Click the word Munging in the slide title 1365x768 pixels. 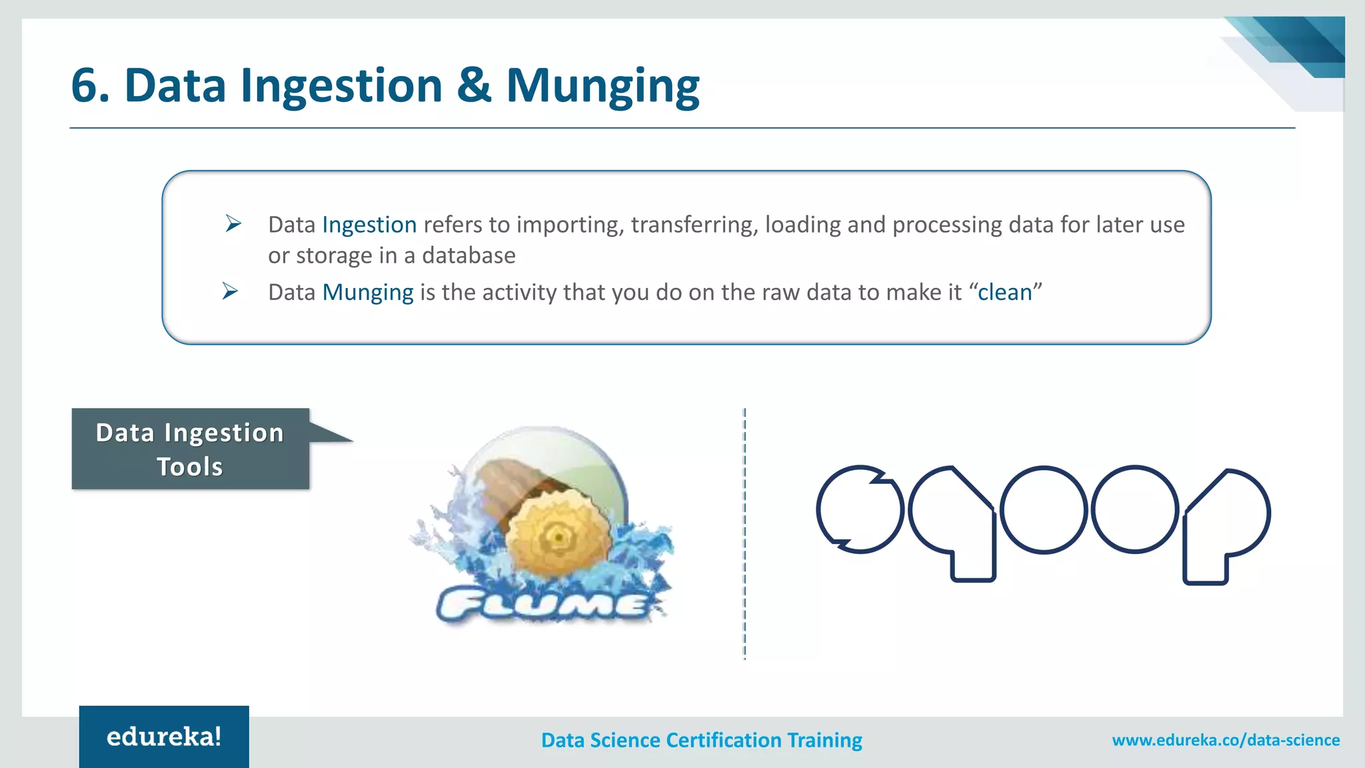click(x=603, y=87)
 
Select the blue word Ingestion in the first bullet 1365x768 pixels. click(x=369, y=225)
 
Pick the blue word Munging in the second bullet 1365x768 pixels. click(x=368, y=293)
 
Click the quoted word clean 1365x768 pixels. click(x=1004, y=293)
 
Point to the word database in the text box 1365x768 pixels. click(x=469, y=256)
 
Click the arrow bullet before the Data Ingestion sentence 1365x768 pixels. click(x=233, y=223)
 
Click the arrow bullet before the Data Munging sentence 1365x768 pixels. click(x=230, y=291)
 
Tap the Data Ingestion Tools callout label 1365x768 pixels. click(x=191, y=449)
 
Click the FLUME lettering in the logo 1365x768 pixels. click(x=543, y=605)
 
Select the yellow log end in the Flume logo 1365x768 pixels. click(x=558, y=536)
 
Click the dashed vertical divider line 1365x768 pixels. click(x=744, y=533)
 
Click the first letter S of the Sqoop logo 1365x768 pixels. click(x=859, y=509)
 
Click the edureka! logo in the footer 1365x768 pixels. click(x=164, y=737)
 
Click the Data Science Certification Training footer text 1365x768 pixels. click(x=701, y=740)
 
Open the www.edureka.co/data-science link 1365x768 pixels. click(x=1225, y=740)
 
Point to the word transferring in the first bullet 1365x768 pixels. click(x=694, y=225)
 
